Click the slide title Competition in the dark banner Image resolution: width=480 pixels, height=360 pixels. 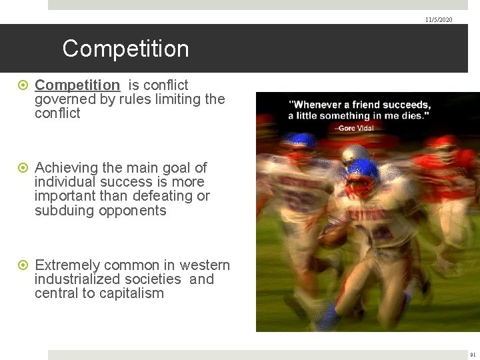pos(125,49)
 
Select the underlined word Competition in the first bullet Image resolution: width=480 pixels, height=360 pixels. pos(77,85)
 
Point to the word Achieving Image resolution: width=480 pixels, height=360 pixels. pos(67,168)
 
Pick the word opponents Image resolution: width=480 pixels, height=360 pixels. pos(132,210)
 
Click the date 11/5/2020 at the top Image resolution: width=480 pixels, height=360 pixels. pos(438,20)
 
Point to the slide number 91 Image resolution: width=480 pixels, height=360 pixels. pos(473,355)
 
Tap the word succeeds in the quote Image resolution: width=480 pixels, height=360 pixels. pos(407,105)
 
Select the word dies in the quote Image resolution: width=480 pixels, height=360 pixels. pos(415,115)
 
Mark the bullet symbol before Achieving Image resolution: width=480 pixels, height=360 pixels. pos(25,168)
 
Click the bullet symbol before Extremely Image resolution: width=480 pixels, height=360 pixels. pos(25,265)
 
